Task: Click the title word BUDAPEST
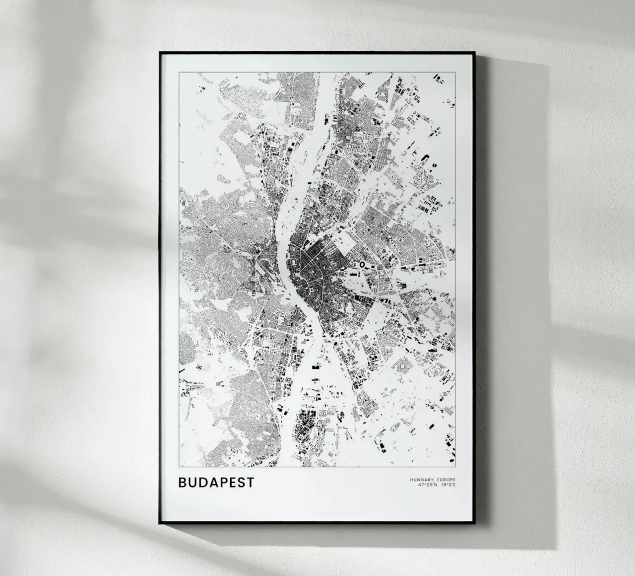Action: coord(216,483)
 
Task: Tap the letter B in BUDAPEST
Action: coord(182,483)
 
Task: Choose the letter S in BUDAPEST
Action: coord(241,483)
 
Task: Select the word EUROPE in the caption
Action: coord(445,479)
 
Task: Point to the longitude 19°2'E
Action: coord(448,484)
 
